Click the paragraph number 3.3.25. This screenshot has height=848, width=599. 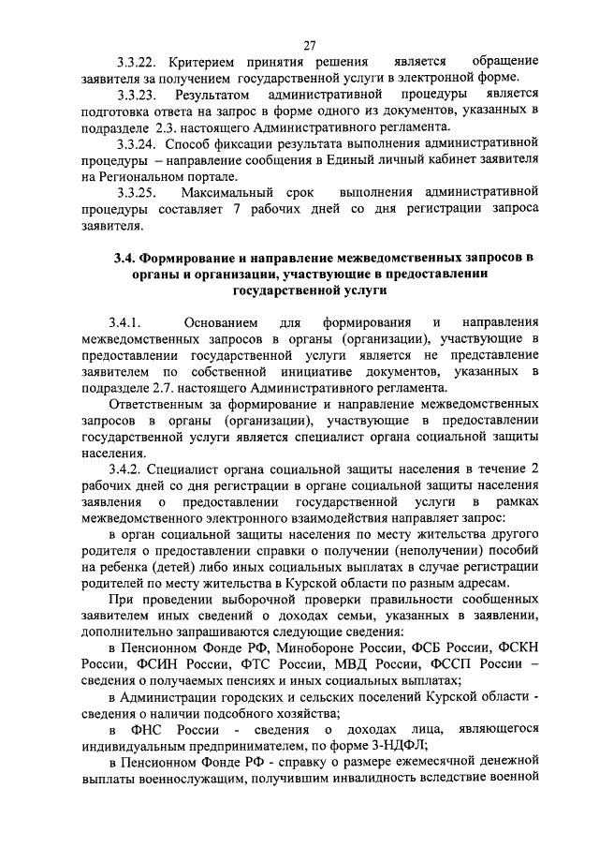click(137, 192)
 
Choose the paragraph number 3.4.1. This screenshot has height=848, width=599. click(124, 322)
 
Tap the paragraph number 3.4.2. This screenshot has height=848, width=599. click(124, 469)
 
